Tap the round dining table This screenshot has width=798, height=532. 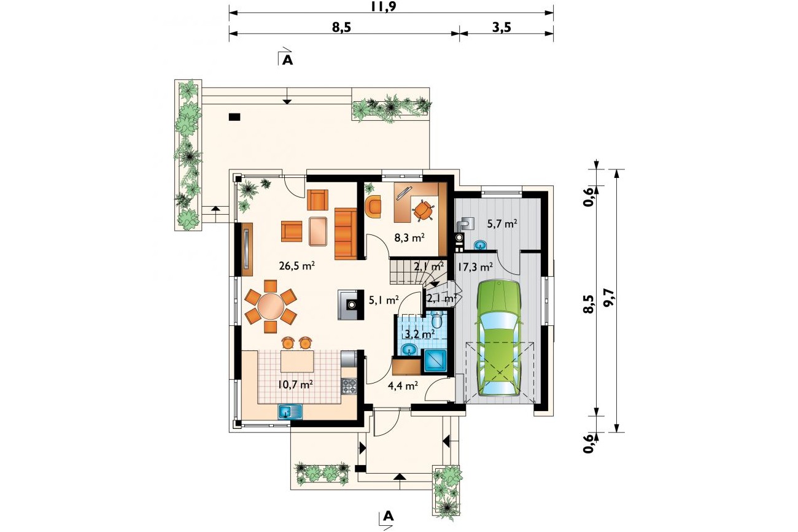(x=271, y=306)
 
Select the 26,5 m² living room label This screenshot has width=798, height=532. (x=296, y=266)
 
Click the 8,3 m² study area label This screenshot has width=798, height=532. (x=409, y=237)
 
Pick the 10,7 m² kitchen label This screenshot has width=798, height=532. (x=296, y=384)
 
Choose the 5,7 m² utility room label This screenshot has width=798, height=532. (x=502, y=223)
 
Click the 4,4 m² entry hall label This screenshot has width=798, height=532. (x=403, y=385)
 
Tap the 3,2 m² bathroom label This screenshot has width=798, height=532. (x=420, y=334)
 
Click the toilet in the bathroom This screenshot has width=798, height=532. (x=437, y=320)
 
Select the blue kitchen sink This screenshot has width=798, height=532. (x=290, y=411)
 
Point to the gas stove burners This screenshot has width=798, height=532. (x=349, y=387)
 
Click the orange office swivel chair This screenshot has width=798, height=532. (x=422, y=211)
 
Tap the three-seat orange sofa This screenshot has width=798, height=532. (x=346, y=234)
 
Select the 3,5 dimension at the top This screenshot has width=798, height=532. (x=502, y=27)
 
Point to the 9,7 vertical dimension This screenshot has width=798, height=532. (x=609, y=298)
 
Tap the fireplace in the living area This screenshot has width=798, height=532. (x=351, y=305)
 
